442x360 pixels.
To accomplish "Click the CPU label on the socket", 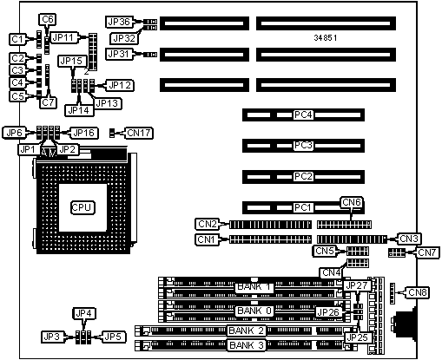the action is click(x=82, y=207).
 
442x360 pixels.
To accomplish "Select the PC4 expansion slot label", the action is click(x=303, y=115).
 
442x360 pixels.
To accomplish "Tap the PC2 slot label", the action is click(x=303, y=176).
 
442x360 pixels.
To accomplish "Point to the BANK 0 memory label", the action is click(x=254, y=311).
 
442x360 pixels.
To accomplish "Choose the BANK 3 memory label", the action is click(x=246, y=345).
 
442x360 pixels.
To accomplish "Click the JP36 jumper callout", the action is click(x=119, y=22).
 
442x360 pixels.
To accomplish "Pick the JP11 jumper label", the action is click(x=64, y=37).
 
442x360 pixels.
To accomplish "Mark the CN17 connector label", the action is click(x=139, y=133).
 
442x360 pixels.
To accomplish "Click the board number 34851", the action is click(x=326, y=38).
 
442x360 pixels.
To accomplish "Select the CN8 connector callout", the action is click(x=417, y=292).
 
